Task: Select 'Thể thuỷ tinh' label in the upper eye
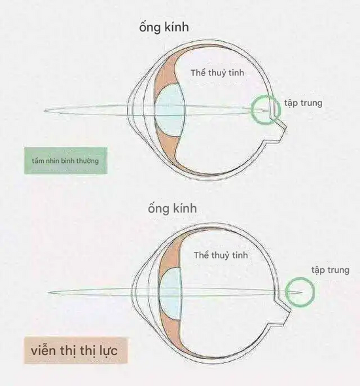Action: tap(217, 73)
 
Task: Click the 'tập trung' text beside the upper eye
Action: tap(303, 103)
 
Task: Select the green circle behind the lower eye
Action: tap(300, 291)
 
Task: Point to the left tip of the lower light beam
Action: tap(48, 292)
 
